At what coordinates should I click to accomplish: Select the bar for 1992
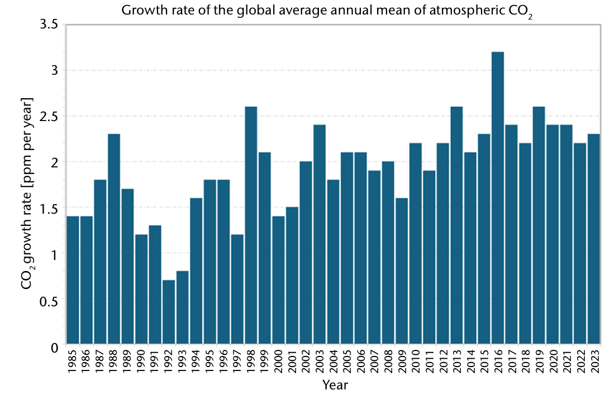(169, 312)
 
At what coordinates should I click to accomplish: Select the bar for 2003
(320, 234)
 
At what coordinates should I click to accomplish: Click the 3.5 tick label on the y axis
(49, 25)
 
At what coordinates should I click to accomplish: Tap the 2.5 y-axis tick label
(49, 117)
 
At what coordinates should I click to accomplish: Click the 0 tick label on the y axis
(54, 347)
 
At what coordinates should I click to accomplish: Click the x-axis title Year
(335, 385)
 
